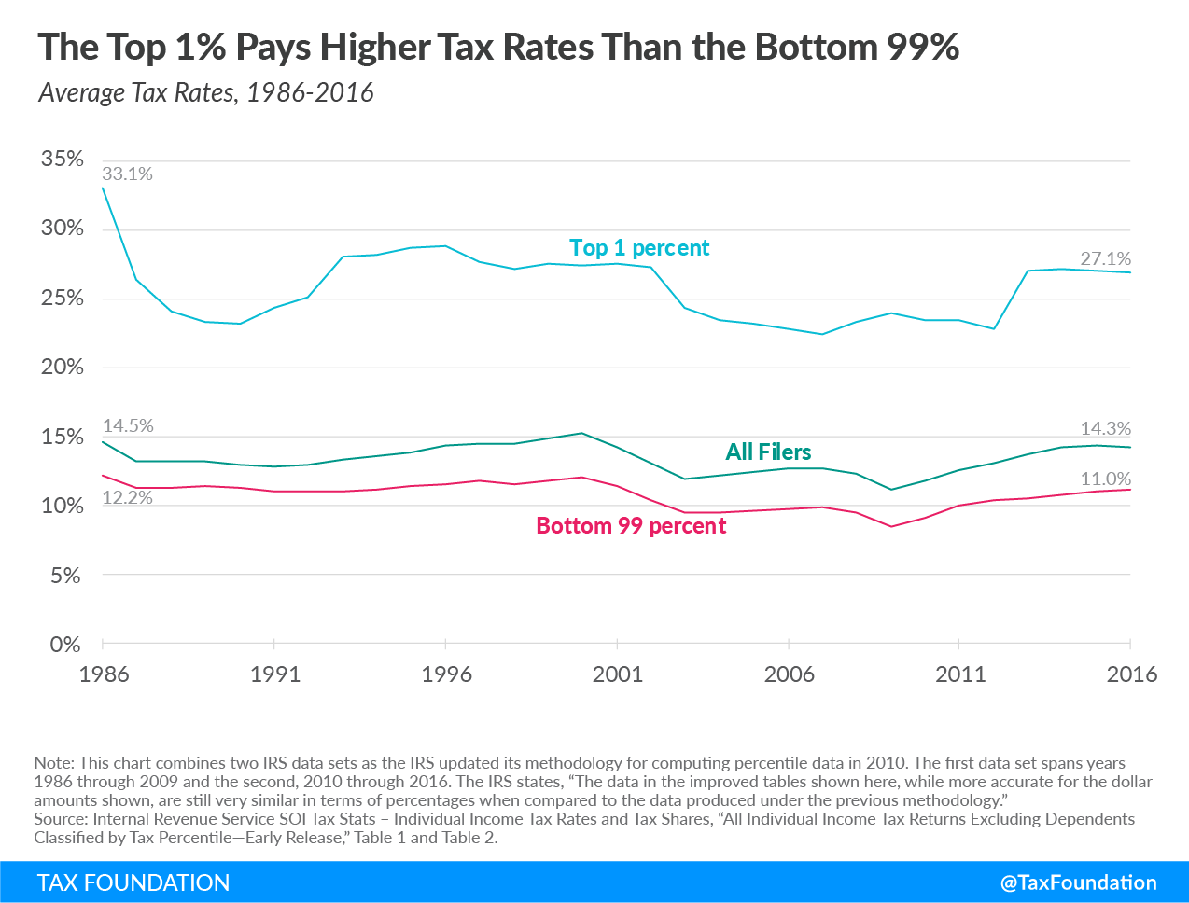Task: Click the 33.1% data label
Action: click(x=127, y=174)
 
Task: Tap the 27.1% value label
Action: click(x=1105, y=258)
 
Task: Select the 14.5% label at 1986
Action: click(x=128, y=425)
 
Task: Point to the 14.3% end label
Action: click(x=1105, y=428)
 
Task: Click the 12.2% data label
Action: click(x=127, y=497)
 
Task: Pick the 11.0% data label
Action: click(x=1105, y=479)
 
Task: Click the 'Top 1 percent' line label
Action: click(x=639, y=248)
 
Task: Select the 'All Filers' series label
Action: click(x=768, y=452)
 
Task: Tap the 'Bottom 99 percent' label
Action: click(x=631, y=526)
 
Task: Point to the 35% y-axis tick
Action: click(x=62, y=159)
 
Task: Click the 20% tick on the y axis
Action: click(x=62, y=367)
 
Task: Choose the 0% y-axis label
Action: click(x=65, y=645)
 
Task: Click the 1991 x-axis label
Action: click(x=275, y=674)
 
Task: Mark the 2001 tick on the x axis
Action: click(x=618, y=674)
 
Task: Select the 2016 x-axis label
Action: click(x=1131, y=674)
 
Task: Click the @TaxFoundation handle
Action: click(x=1078, y=882)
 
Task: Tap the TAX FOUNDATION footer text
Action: click(x=133, y=883)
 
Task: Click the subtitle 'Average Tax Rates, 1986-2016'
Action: click(x=206, y=93)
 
